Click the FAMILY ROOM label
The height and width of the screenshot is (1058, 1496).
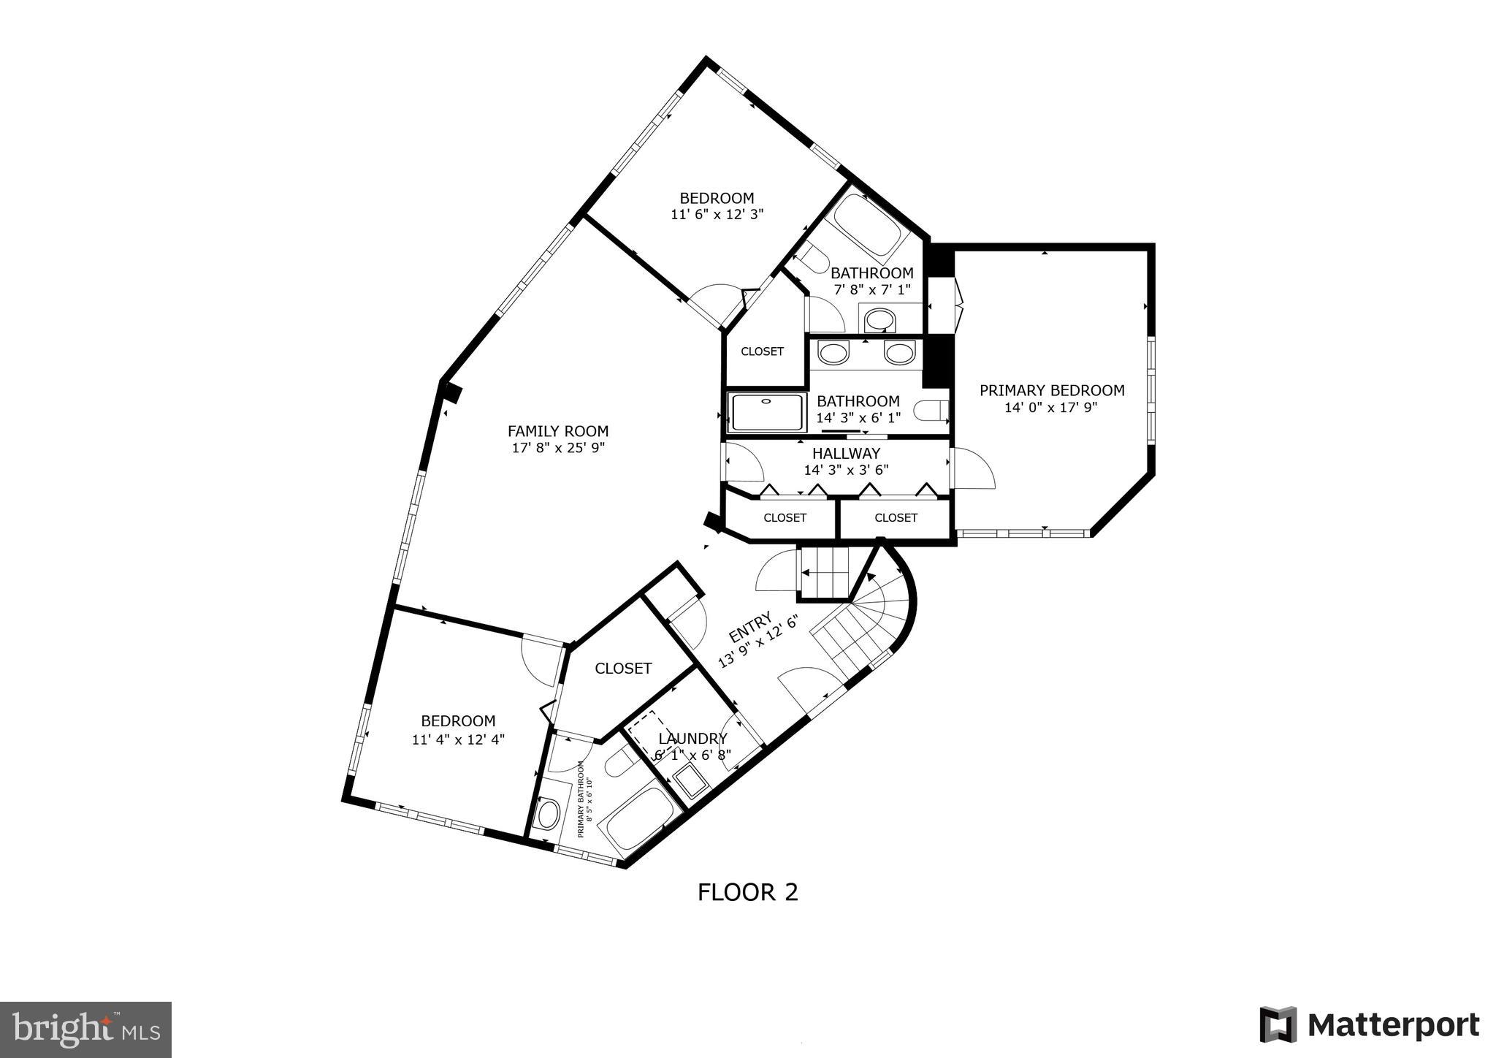pyautogui.click(x=558, y=431)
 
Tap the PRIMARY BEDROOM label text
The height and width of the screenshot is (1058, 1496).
pyautogui.click(x=1051, y=390)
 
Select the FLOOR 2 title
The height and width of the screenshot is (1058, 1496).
pyautogui.click(x=747, y=892)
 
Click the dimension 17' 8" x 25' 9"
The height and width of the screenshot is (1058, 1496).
pyautogui.click(x=558, y=448)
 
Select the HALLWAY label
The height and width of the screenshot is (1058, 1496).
pyautogui.click(x=846, y=453)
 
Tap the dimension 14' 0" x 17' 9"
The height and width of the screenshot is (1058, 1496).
pyautogui.click(x=1051, y=407)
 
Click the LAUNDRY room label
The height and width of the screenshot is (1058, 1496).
pyautogui.click(x=692, y=739)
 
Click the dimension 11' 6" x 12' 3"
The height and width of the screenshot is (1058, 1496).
pyautogui.click(x=717, y=215)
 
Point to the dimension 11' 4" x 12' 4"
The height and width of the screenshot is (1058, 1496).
pyautogui.click(x=458, y=739)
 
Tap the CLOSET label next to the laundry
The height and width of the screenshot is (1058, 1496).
pyautogui.click(x=623, y=669)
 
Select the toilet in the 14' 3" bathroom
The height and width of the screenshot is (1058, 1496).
pyautogui.click(x=933, y=412)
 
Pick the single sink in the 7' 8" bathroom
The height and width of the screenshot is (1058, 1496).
pyautogui.click(x=880, y=319)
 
